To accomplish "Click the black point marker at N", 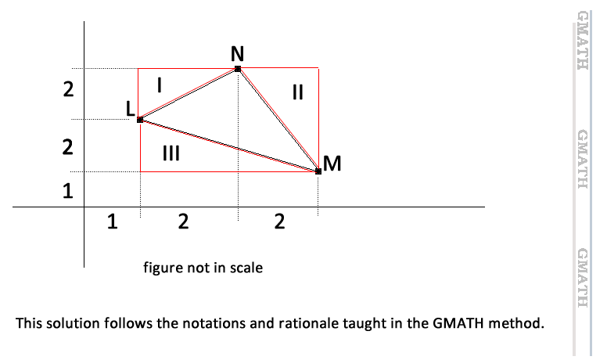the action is pos(238,69).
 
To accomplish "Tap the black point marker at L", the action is pos(140,120).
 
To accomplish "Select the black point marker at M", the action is pos(318,171).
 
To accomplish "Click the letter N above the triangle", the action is pos(237,53).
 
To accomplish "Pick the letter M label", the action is pos(332,164).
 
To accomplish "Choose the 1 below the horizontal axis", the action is pos(113,222).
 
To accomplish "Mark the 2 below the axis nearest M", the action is pos(279,222).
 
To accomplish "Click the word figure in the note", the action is pos(162,268).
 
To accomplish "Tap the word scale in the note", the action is pos(246,268).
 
